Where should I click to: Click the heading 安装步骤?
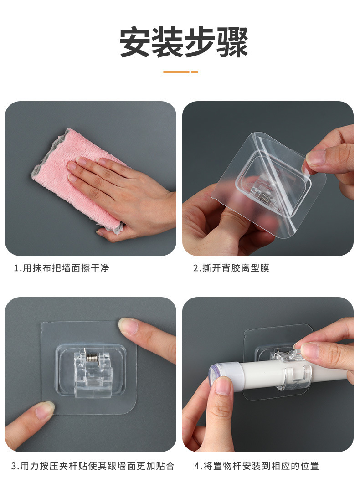tap(183, 43)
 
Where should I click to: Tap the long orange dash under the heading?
tap(176, 72)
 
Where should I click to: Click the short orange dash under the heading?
tap(195, 72)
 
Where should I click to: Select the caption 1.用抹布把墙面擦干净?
tap(62, 268)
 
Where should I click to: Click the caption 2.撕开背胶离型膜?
tap(231, 268)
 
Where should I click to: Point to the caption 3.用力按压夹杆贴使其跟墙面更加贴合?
tap(93, 466)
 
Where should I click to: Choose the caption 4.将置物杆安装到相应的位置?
tap(257, 466)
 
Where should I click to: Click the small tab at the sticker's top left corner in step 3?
tap(45, 324)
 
